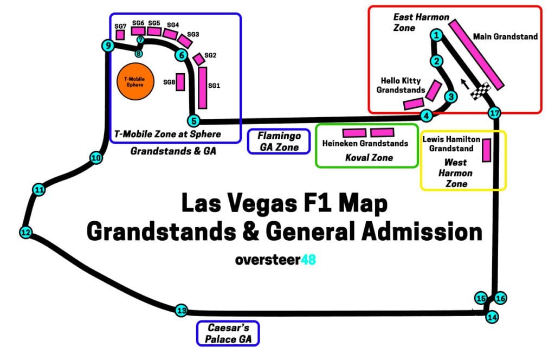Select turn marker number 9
click(108, 46)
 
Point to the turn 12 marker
click(25, 232)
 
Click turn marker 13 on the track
click(181, 311)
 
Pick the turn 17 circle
click(493, 113)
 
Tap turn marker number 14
click(492, 317)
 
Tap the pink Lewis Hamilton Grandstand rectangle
click(486, 150)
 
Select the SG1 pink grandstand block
click(202, 87)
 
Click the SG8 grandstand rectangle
click(180, 81)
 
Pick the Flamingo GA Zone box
click(279, 141)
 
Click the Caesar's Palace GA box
click(227, 333)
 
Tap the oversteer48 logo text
click(275, 260)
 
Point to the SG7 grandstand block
click(120, 35)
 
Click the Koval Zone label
click(369, 158)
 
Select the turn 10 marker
click(96, 158)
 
